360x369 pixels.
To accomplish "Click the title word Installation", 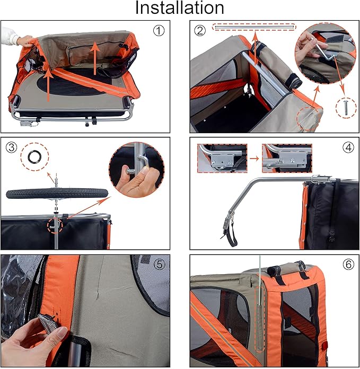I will click(x=179, y=8).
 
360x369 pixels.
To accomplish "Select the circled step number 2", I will click(x=199, y=31).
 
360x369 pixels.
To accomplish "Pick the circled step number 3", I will click(x=11, y=147).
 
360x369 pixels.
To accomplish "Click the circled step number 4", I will click(x=348, y=147).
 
